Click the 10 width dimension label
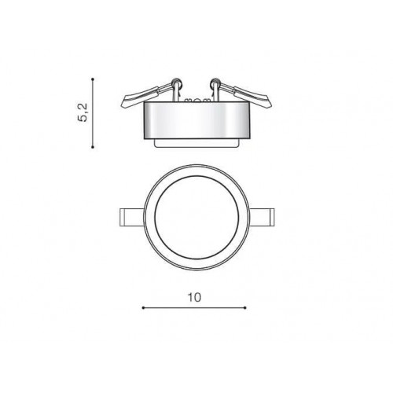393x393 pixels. click(x=195, y=297)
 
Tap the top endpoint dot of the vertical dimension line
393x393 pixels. click(x=94, y=79)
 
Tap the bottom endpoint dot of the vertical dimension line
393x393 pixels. click(x=94, y=146)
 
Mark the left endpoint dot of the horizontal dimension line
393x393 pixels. click(x=142, y=307)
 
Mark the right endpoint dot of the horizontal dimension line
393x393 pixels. click(x=245, y=307)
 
